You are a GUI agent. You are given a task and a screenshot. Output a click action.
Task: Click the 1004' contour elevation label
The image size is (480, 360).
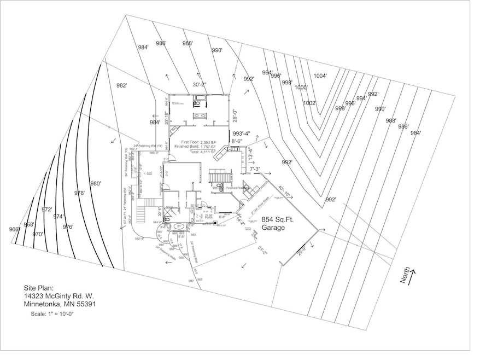[x=320, y=76]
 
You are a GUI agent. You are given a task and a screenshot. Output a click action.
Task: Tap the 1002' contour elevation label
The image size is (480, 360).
[x=309, y=103]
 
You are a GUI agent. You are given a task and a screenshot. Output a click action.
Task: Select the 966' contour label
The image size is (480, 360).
[x=14, y=229]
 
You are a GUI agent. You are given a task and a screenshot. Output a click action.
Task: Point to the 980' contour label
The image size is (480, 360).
[x=95, y=184]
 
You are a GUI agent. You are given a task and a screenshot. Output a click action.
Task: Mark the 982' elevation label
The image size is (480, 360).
[x=121, y=85]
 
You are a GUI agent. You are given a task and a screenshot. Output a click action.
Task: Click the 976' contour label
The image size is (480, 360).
[x=68, y=227]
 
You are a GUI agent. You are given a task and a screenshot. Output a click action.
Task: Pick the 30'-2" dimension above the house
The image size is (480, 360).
[x=200, y=84]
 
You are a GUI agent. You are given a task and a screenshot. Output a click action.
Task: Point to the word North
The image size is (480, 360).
[x=406, y=279]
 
